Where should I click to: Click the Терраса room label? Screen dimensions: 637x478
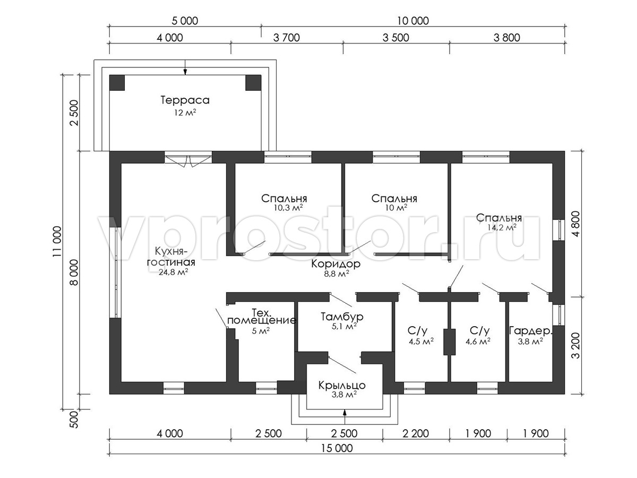185,100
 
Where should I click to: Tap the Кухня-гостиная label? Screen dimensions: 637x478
171,257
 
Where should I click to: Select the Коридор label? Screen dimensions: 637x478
336,264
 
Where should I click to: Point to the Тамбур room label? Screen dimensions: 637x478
342,317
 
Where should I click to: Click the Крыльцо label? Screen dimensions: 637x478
342,386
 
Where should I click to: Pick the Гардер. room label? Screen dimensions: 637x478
530,331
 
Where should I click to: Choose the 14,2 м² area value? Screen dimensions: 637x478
502,227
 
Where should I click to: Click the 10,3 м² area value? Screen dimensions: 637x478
288,208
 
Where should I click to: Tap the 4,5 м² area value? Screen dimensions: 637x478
421,342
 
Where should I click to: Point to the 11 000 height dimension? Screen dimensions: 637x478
57,242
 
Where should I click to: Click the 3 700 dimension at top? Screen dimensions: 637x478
287,37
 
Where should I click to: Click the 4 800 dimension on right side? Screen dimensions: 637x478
576,224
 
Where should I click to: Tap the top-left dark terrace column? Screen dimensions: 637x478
117,83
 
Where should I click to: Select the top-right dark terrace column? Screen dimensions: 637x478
253,83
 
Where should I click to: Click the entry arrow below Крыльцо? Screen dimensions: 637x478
345,417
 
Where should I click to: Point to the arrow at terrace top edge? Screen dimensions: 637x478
185,67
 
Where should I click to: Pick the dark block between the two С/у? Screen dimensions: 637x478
450,342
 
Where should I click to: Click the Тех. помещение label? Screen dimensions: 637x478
262,317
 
